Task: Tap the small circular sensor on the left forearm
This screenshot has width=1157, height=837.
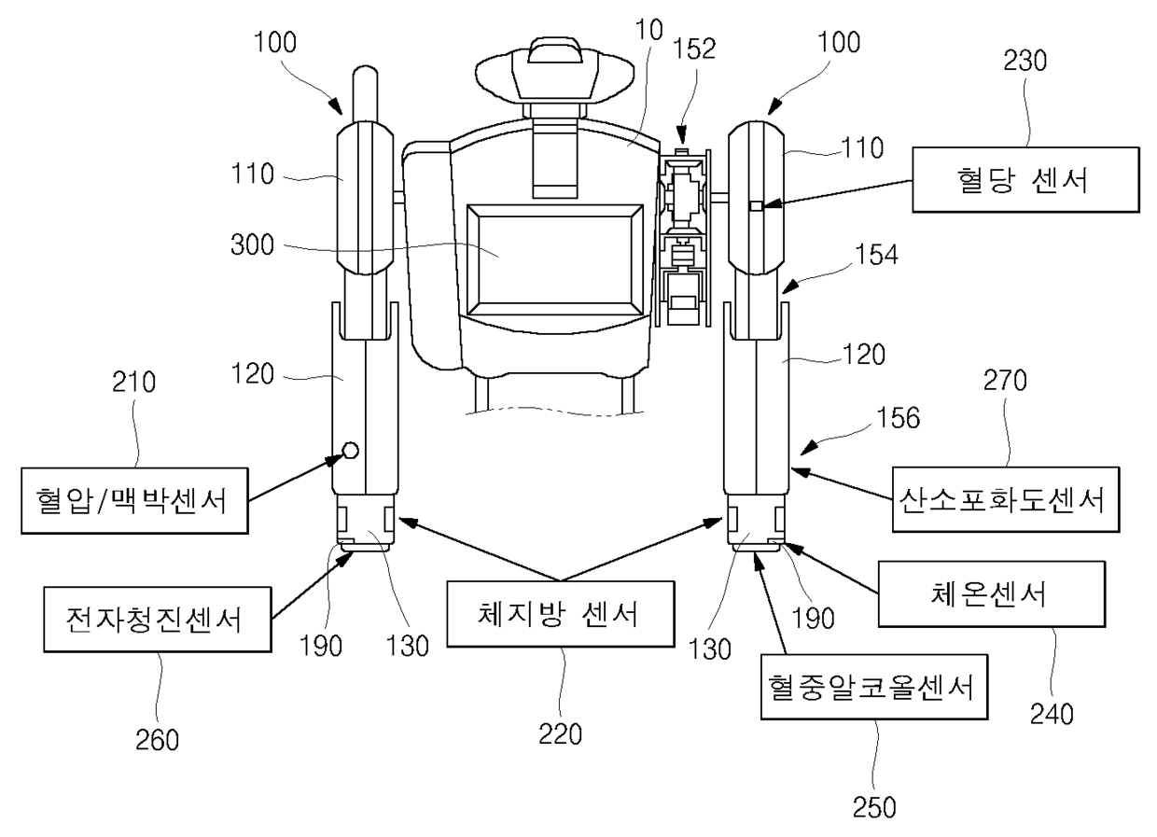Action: (350, 451)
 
